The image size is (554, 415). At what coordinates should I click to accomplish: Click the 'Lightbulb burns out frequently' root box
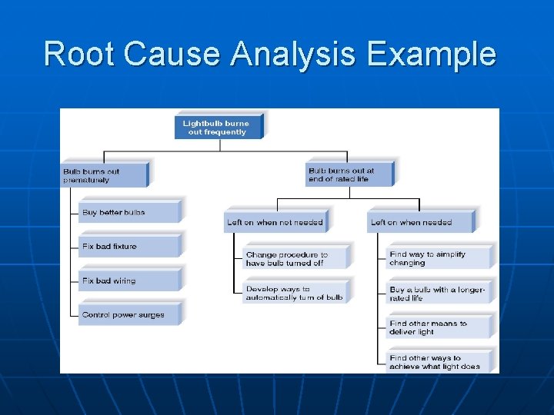[x=218, y=127]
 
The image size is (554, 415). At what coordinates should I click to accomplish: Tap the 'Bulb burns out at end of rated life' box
[x=348, y=174]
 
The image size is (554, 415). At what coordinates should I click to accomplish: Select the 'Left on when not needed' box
[x=275, y=222]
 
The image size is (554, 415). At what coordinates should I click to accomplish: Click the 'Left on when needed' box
[x=420, y=222]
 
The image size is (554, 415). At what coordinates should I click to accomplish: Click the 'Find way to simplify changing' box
[x=439, y=258]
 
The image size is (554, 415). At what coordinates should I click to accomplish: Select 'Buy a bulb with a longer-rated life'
[x=439, y=293]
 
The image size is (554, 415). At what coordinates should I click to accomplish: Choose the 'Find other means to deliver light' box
[x=439, y=327]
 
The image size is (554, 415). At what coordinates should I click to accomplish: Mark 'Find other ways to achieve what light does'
[x=439, y=362]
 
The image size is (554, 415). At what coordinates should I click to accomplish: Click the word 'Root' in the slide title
[x=78, y=55]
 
